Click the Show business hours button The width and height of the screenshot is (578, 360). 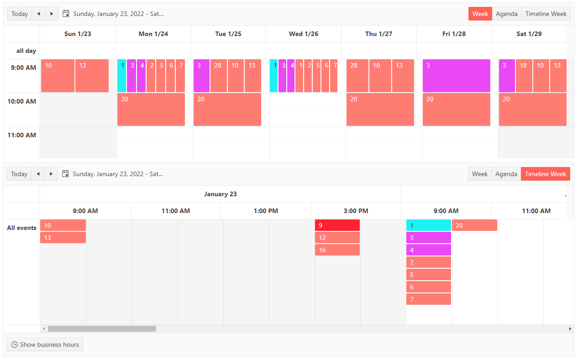coord(45,344)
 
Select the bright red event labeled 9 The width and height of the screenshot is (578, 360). coord(337,225)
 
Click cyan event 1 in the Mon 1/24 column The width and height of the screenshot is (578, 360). coord(121,76)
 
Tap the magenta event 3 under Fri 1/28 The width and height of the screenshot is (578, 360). coord(456,76)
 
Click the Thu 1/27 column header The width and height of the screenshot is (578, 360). coord(378,34)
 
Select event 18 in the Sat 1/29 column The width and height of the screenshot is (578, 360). coord(524,76)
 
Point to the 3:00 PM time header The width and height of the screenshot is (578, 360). coord(356,211)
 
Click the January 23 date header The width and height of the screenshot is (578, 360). coord(220,194)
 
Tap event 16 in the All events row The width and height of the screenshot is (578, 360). coord(337,250)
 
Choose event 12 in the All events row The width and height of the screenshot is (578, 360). coord(337,238)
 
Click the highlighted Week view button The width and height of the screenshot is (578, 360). coord(480,14)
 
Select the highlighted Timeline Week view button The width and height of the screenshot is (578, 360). coord(545,174)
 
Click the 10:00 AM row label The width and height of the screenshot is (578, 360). coord(21,101)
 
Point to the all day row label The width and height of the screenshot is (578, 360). coord(26,51)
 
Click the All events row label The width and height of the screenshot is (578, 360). coord(21,228)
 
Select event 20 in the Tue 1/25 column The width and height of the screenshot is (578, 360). coord(227,110)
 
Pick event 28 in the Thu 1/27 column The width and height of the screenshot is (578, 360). coord(357,76)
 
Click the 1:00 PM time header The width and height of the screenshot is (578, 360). coord(266,211)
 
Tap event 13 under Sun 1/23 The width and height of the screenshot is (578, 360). coord(92,76)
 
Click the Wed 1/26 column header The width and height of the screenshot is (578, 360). coord(304,34)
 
